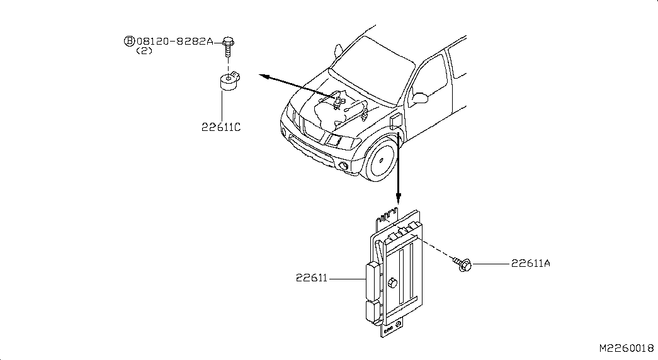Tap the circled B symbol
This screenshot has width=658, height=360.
pos(128,42)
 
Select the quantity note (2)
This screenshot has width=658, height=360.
pos(144,52)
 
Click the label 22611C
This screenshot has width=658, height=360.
pos(221,127)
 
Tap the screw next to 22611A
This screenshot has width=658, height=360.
pos(465,266)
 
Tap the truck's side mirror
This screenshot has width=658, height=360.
pos(419,98)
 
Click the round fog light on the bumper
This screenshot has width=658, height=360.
pos(344,166)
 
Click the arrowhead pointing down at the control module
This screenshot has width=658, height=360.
pos(397,200)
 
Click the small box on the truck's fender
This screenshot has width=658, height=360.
pos(395,121)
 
